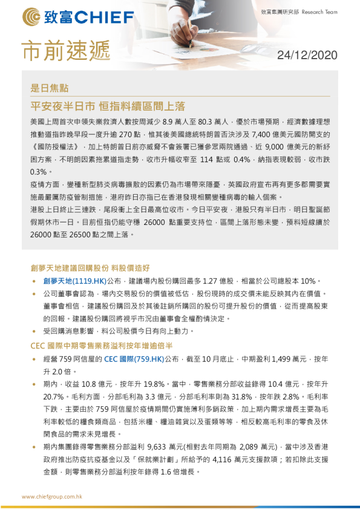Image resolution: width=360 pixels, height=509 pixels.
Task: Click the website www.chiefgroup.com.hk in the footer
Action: click(x=51, y=496)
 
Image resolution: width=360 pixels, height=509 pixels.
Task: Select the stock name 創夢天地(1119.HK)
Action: click(x=74, y=281)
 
